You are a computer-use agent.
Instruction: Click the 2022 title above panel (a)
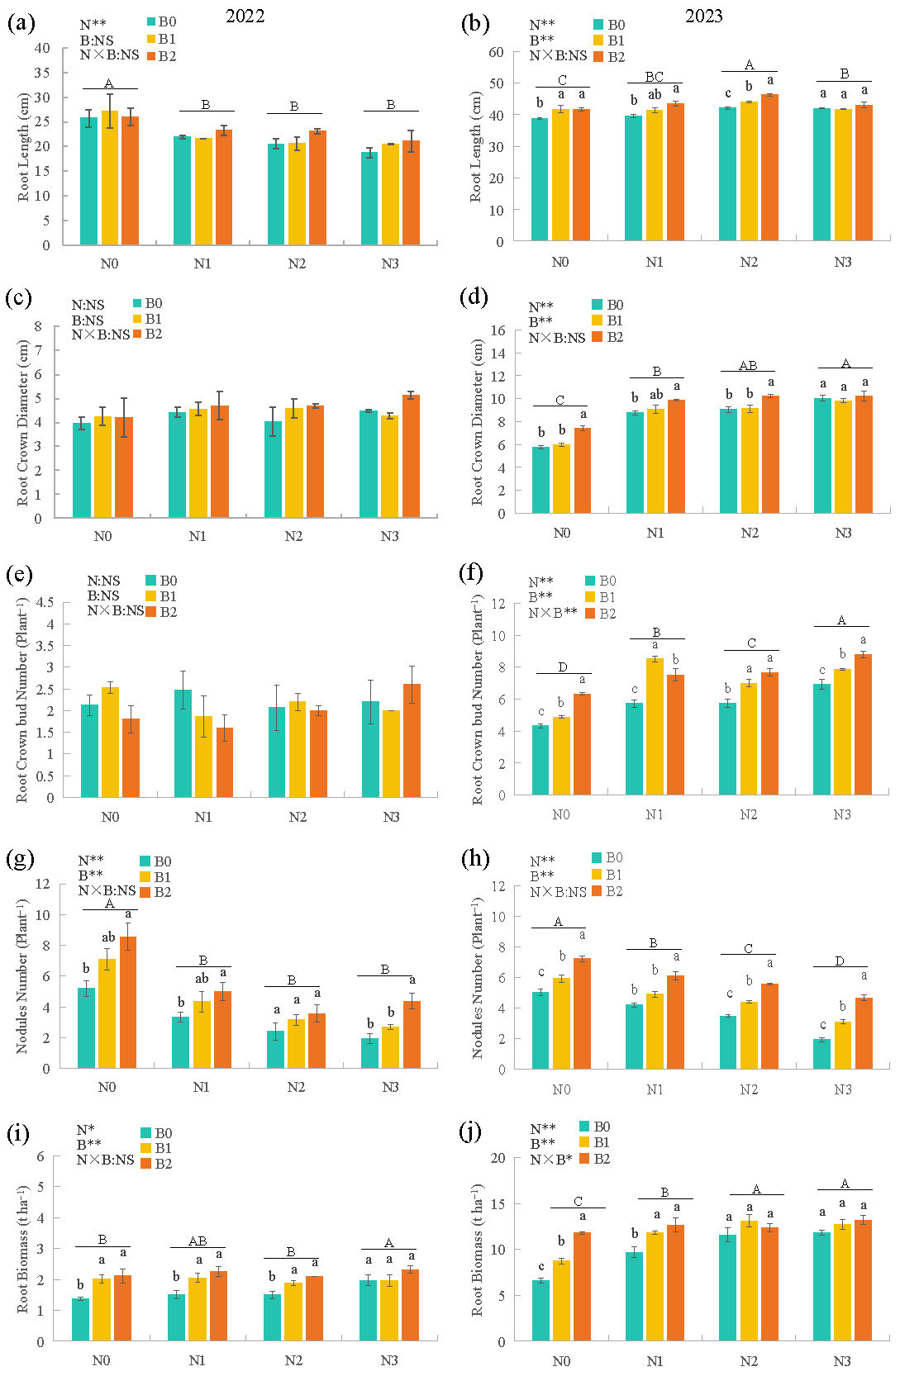pyautogui.click(x=245, y=17)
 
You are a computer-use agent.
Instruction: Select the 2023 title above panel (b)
pyautogui.click(x=703, y=17)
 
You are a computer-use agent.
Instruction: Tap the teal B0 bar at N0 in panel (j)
pyautogui.click(x=540, y=1310)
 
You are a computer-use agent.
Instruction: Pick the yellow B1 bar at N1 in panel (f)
pyautogui.click(x=655, y=727)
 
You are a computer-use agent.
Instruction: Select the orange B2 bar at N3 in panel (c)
pyautogui.click(x=411, y=457)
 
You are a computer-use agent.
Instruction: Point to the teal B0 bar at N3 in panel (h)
pyautogui.click(x=822, y=1054)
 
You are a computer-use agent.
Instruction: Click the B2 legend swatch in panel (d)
pyautogui.click(x=598, y=337)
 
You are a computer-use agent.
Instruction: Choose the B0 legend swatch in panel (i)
pyautogui.click(x=146, y=1133)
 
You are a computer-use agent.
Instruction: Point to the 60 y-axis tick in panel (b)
pyautogui.click(x=496, y=51)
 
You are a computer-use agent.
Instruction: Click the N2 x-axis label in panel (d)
pyautogui.click(x=749, y=533)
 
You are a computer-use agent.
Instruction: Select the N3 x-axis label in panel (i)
pyautogui.click(x=388, y=1360)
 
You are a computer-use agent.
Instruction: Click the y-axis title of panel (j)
pyautogui.click(x=477, y=1248)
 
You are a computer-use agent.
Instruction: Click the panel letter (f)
pyautogui.click(x=474, y=572)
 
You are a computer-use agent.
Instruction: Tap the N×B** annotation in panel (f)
pyautogui.click(x=553, y=613)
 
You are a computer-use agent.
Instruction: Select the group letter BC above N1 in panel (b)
pyautogui.click(x=654, y=77)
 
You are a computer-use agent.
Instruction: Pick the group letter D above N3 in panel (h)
pyautogui.click(x=840, y=961)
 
